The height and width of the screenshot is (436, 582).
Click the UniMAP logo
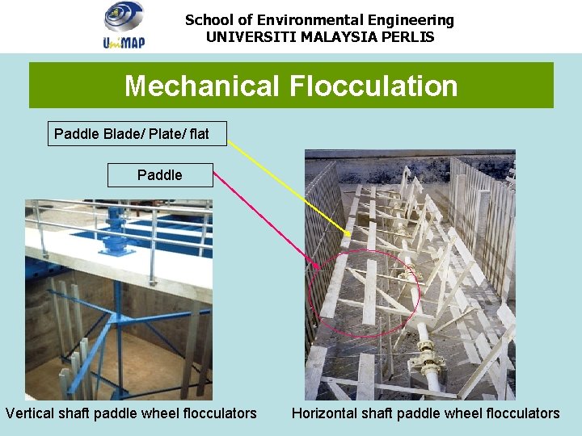[124, 25]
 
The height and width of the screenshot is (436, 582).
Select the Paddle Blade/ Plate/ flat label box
[137, 133]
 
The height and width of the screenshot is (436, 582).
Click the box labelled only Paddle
[160, 174]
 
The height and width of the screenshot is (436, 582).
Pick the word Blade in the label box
[122, 133]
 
